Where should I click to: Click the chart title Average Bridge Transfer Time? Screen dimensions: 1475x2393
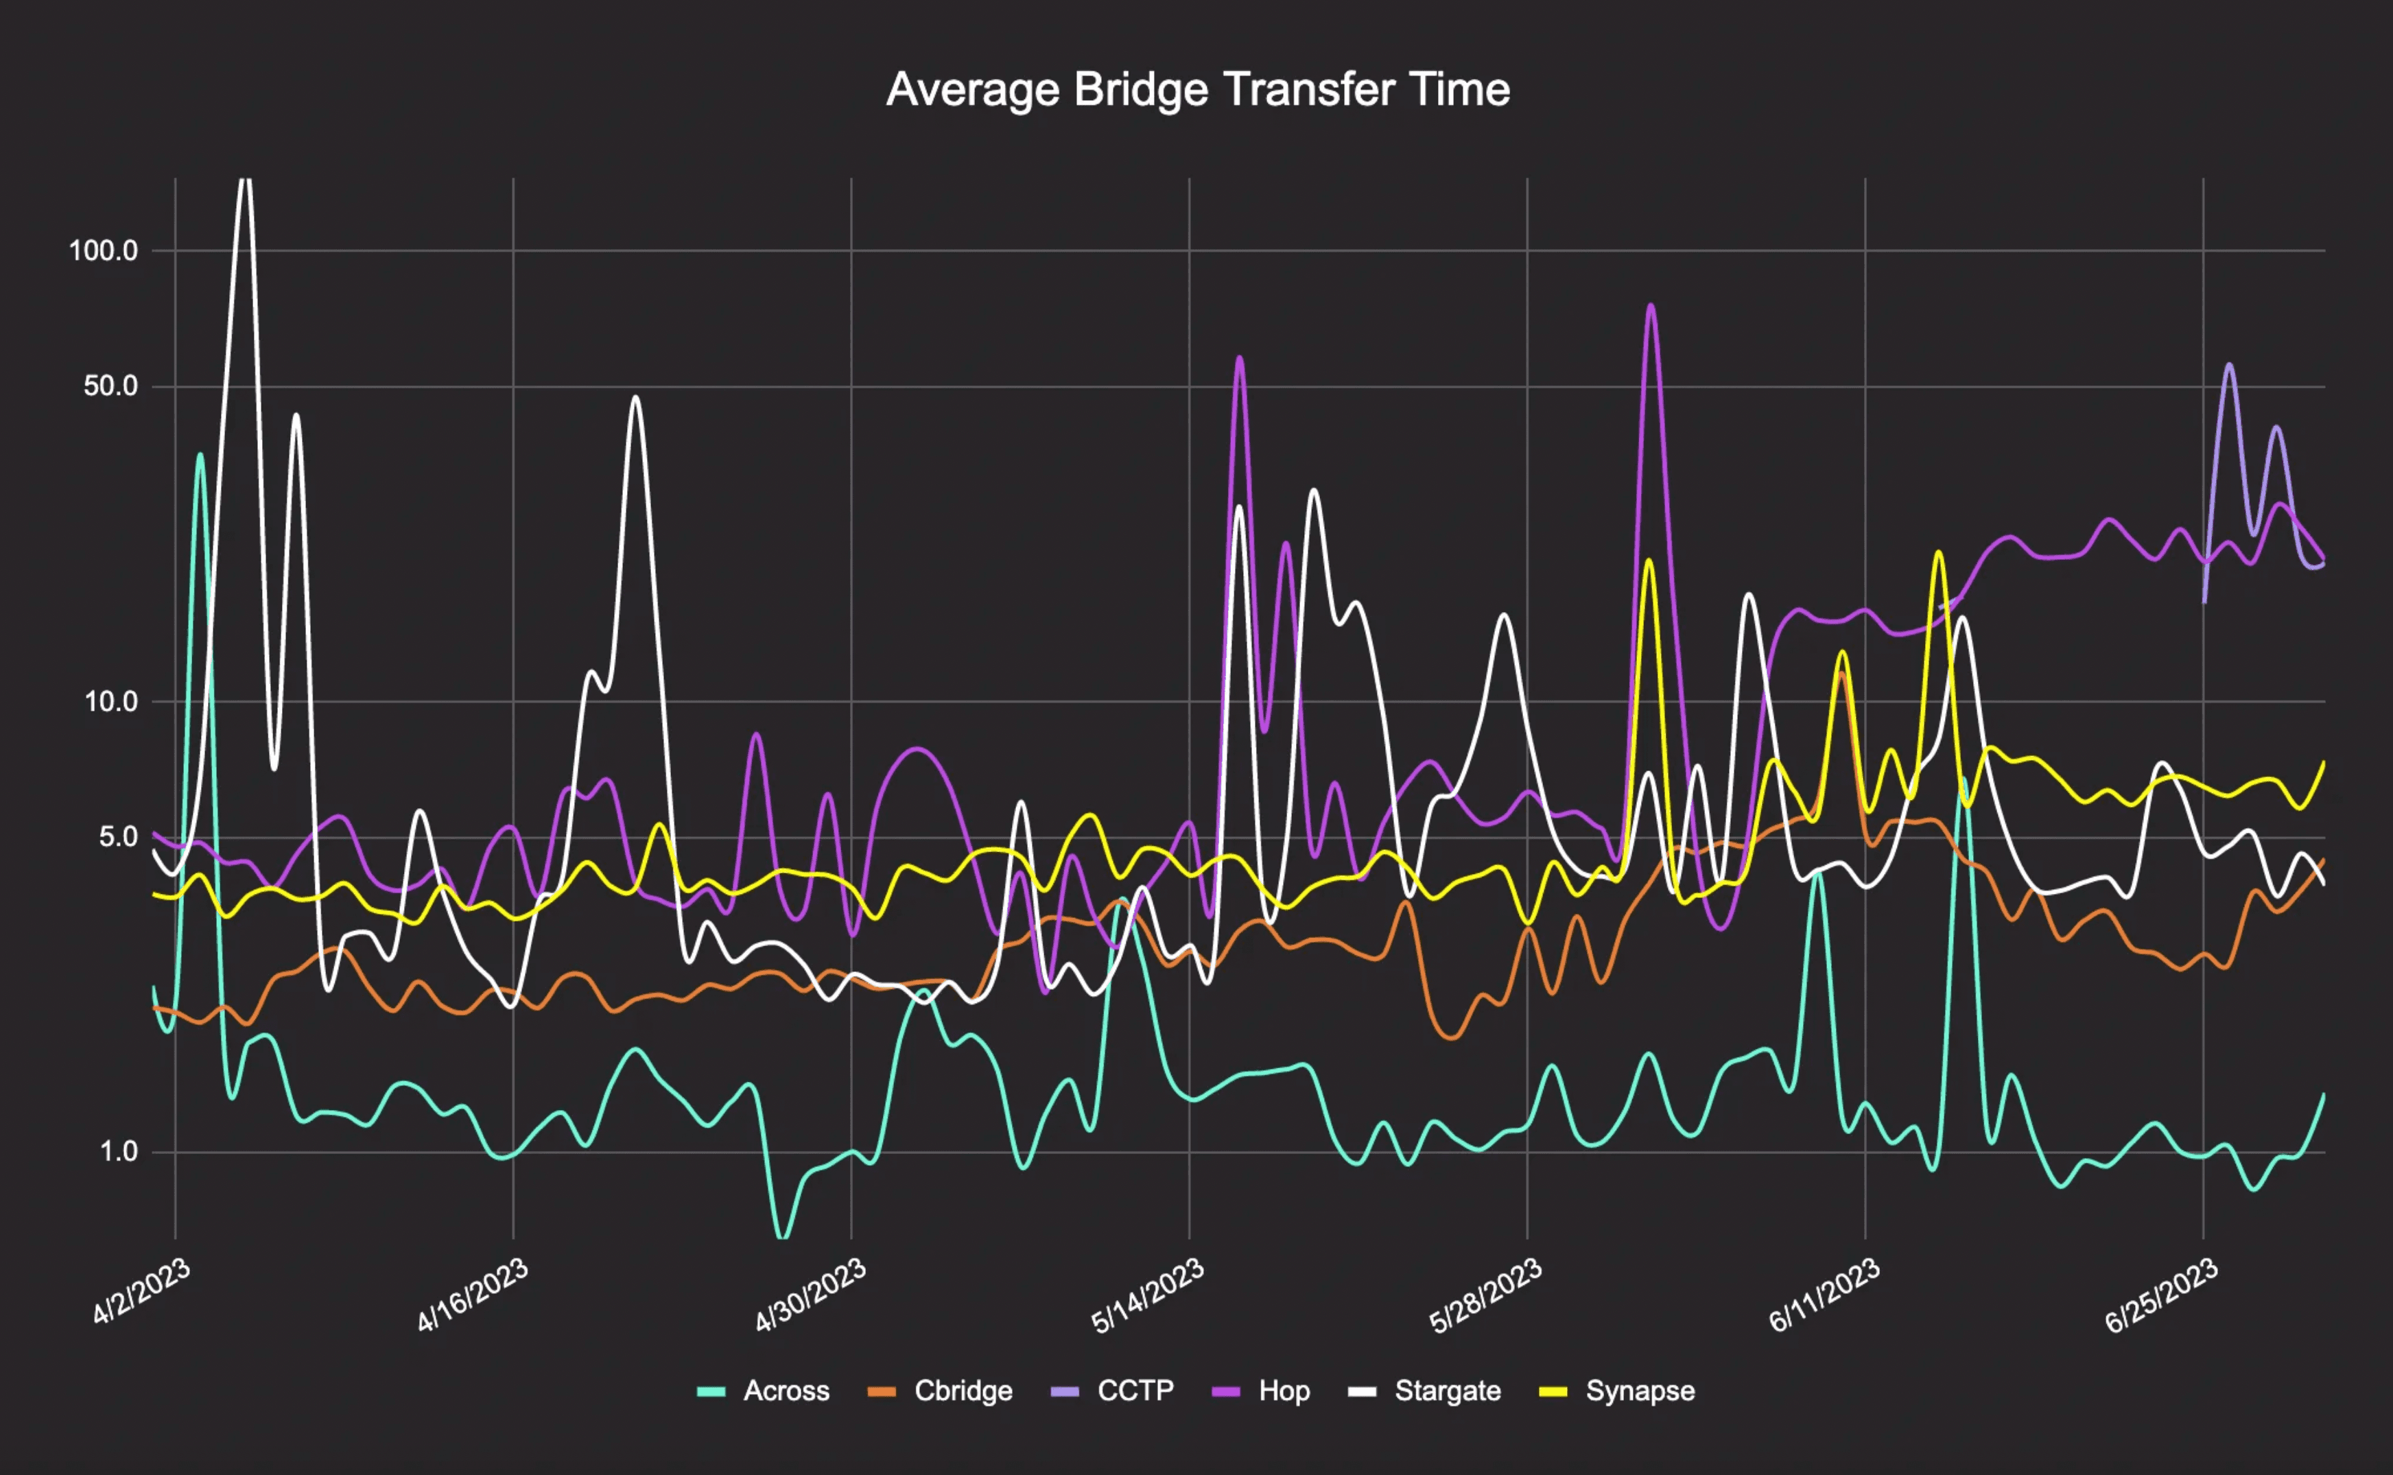tap(1197, 90)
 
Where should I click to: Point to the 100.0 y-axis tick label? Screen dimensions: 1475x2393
tap(104, 250)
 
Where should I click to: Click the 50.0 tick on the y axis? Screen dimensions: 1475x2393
tap(110, 386)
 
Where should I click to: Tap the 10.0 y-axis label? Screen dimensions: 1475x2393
tap(110, 700)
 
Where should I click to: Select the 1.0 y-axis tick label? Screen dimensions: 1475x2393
tap(118, 1151)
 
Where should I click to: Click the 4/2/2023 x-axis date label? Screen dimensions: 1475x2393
tap(141, 1290)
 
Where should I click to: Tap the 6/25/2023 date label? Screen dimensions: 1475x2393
tap(2162, 1295)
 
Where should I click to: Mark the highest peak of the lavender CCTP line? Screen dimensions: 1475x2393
tap(2229, 365)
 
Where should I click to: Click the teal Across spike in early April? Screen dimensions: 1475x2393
tap(200, 455)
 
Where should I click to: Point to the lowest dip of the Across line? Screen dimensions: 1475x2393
tap(781, 1237)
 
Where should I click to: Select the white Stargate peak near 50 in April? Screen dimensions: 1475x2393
tap(636, 397)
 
